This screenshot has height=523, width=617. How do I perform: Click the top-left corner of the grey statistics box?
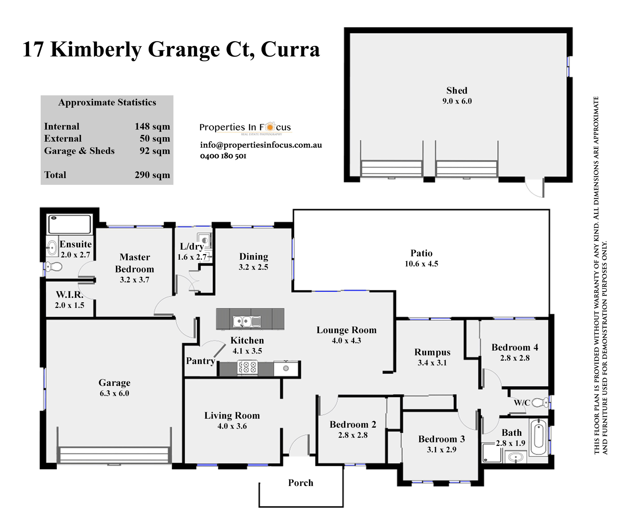pos(41,95)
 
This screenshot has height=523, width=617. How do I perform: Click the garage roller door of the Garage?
pos(114,455)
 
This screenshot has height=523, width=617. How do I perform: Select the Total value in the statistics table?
pos(153,175)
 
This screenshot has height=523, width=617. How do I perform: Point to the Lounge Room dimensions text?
pos(347,341)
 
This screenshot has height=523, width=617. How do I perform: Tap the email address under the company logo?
pos(261,145)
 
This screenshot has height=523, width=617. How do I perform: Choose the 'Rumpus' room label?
pos(432,352)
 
